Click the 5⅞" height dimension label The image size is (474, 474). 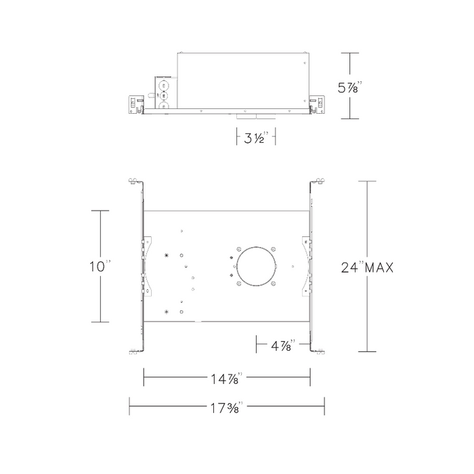[x=350, y=87]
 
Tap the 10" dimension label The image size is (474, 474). [x=100, y=266]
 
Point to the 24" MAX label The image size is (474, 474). [x=367, y=267]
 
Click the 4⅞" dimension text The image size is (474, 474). [x=283, y=345]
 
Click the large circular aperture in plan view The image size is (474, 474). [x=256, y=266]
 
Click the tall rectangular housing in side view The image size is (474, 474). [x=243, y=81]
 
